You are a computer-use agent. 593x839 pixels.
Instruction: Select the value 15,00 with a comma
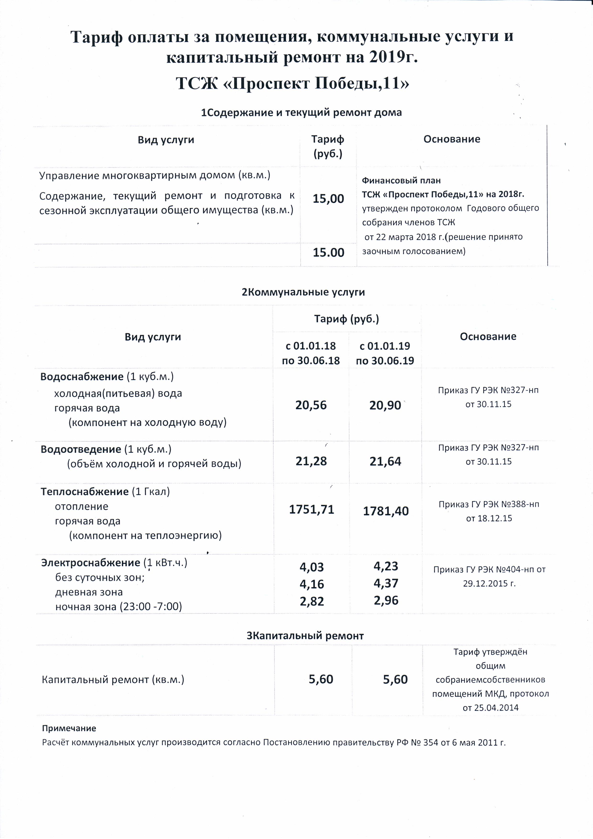pyautogui.click(x=328, y=199)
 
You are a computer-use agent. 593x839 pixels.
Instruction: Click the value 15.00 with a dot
pyautogui.click(x=328, y=253)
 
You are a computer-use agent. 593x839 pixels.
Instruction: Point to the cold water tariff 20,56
pyautogui.click(x=311, y=405)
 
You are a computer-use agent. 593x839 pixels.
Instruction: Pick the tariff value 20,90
pyautogui.click(x=385, y=405)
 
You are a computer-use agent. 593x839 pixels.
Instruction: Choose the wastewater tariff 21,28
pyautogui.click(x=311, y=461)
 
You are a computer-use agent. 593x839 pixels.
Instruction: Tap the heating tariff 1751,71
pyautogui.click(x=311, y=509)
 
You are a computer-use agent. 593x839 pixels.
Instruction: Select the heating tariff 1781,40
pyautogui.click(x=385, y=511)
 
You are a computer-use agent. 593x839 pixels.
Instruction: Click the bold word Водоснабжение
pyautogui.click(x=82, y=377)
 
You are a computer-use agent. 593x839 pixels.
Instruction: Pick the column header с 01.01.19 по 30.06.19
pyautogui.click(x=385, y=353)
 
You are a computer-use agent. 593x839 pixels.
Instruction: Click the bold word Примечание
pyautogui.click(x=69, y=728)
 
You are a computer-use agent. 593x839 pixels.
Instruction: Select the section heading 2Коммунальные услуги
pyautogui.click(x=303, y=292)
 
